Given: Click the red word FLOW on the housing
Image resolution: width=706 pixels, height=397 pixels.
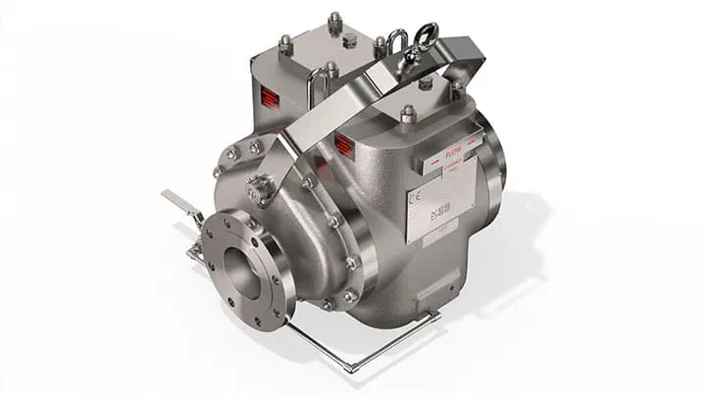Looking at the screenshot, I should click(x=453, y=153).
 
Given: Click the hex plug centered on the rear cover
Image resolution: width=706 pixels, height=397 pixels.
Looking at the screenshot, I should click(x=348, y=40).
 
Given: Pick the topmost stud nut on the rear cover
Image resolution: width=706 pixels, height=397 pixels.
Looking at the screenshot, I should click(x=334, y=19).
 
